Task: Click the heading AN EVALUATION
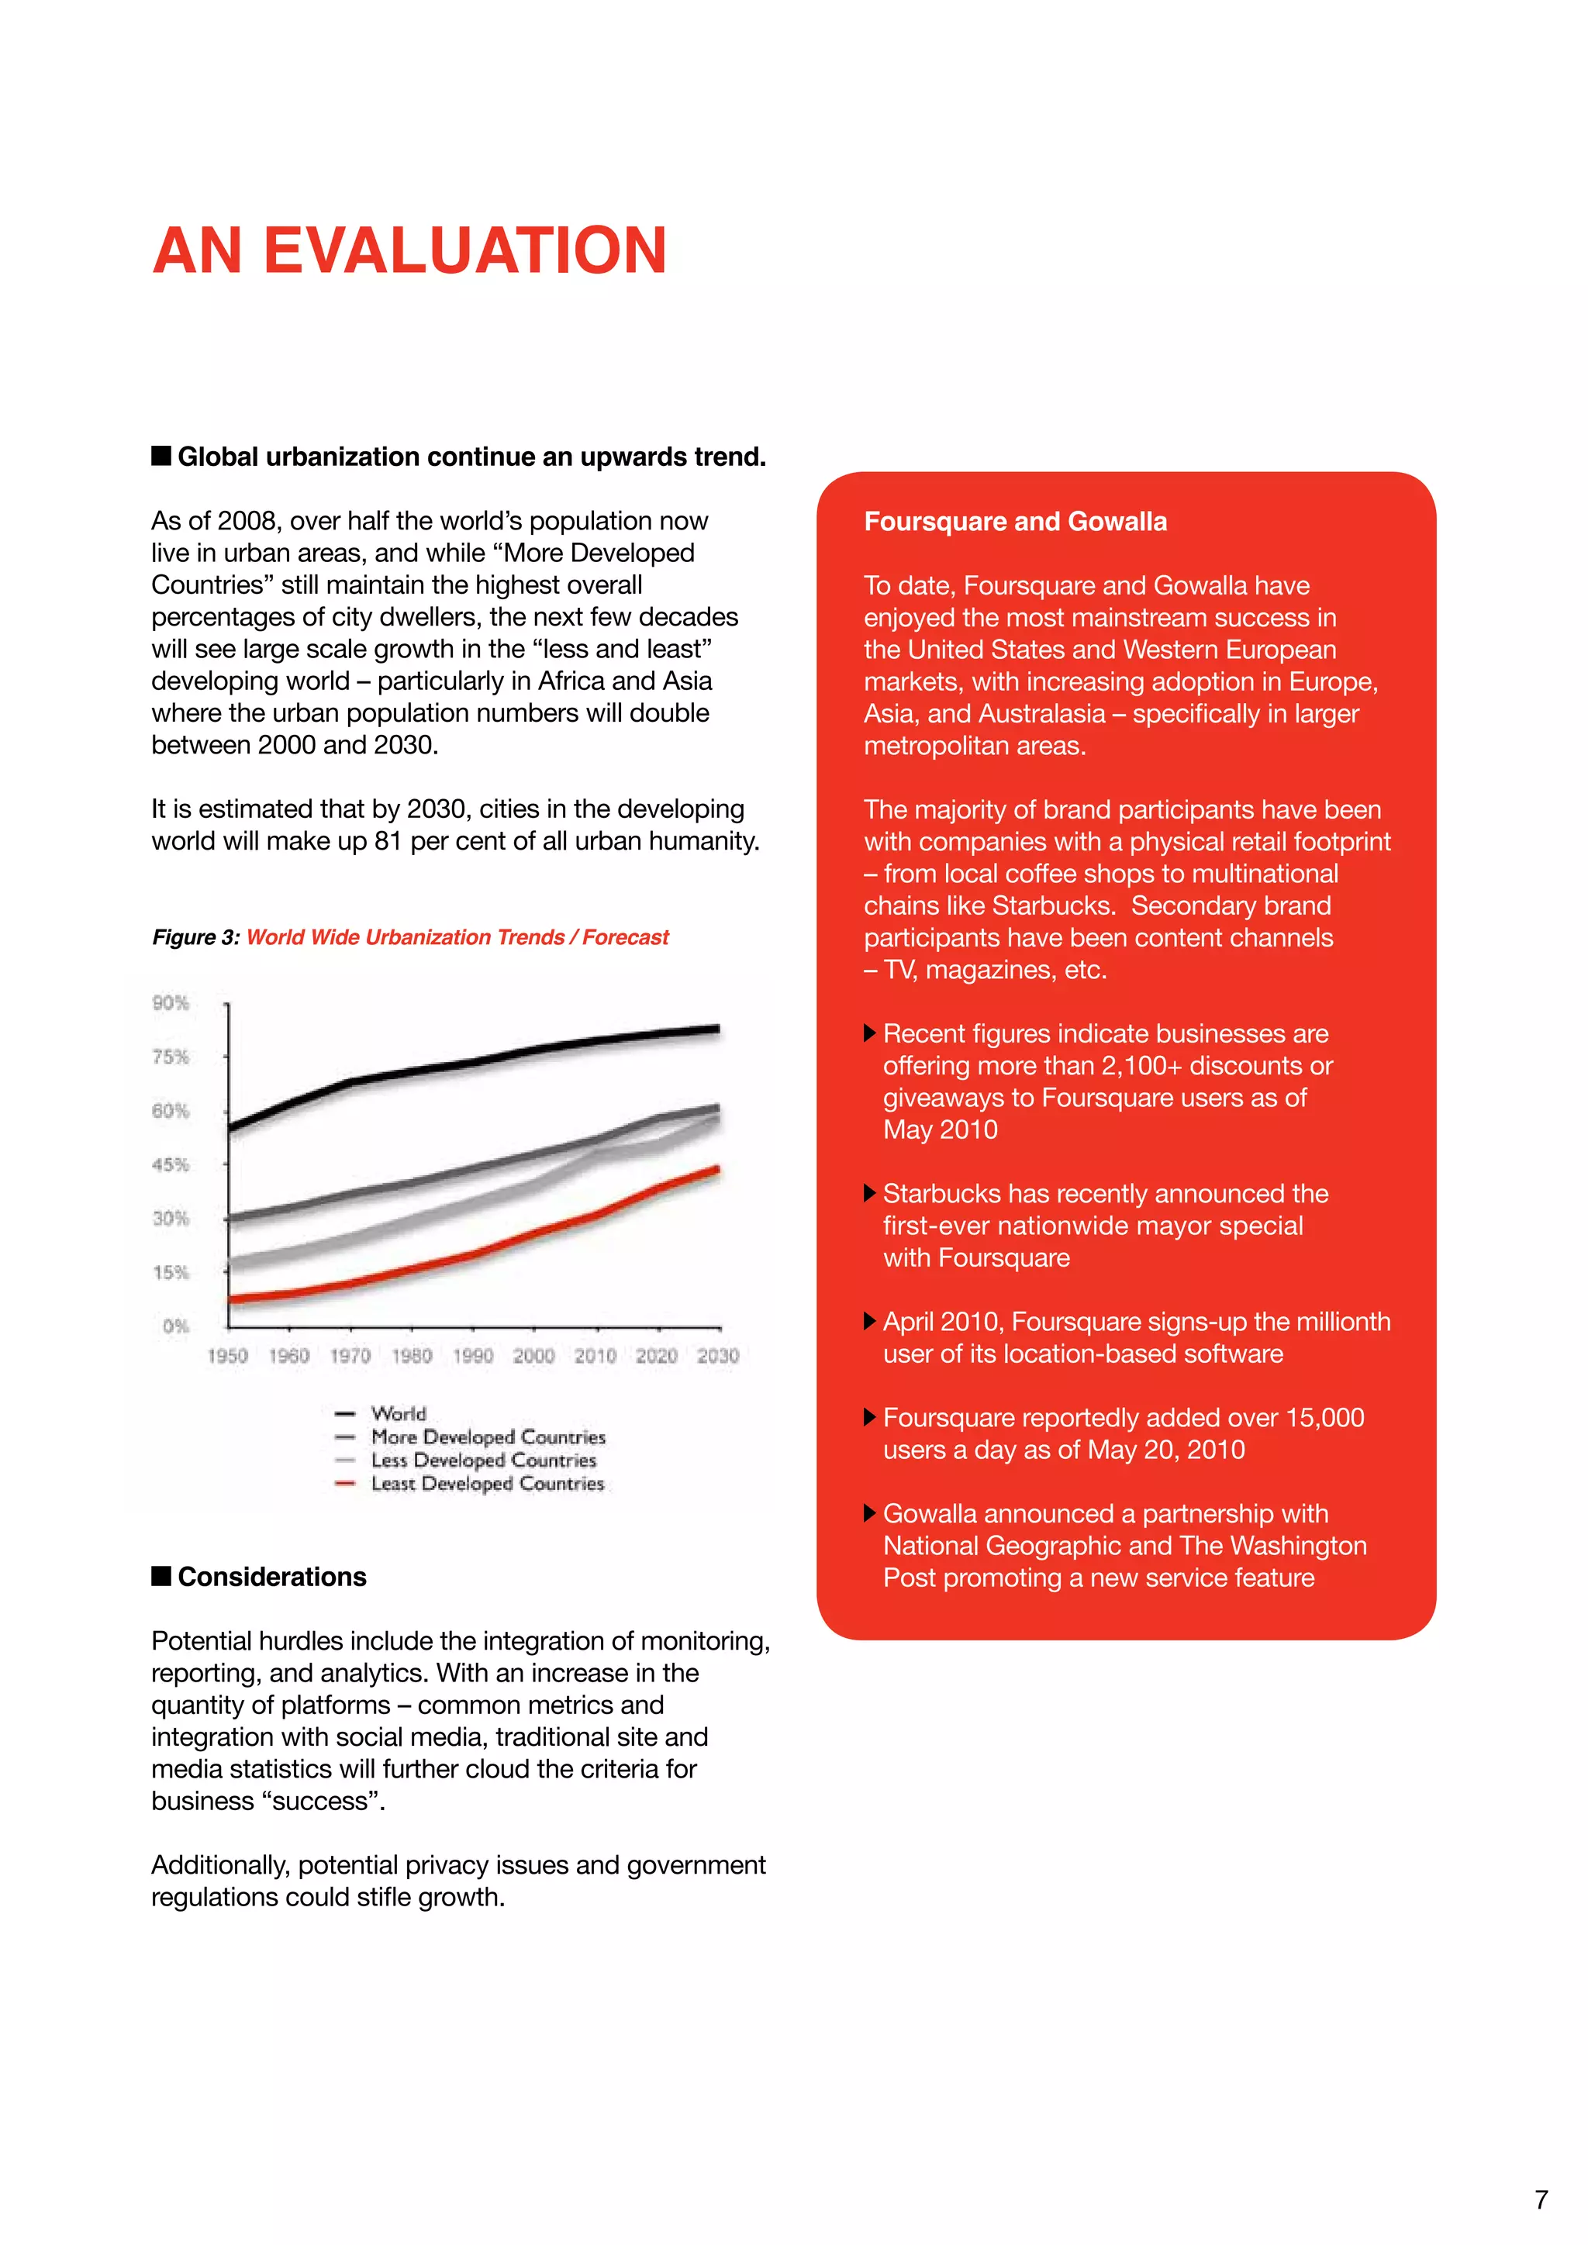coord(409,251)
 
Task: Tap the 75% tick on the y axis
coord(170,1057)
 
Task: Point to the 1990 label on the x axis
coord(472,1356)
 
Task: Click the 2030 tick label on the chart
coord(718,1356)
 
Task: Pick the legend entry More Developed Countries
coord(487,1437)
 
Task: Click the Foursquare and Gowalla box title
coord(1015,522)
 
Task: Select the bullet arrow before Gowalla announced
coord(869,1514)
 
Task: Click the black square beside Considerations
coord(161,1576)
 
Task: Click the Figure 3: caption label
coord(195,938)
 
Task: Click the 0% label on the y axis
coord(175,1327)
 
